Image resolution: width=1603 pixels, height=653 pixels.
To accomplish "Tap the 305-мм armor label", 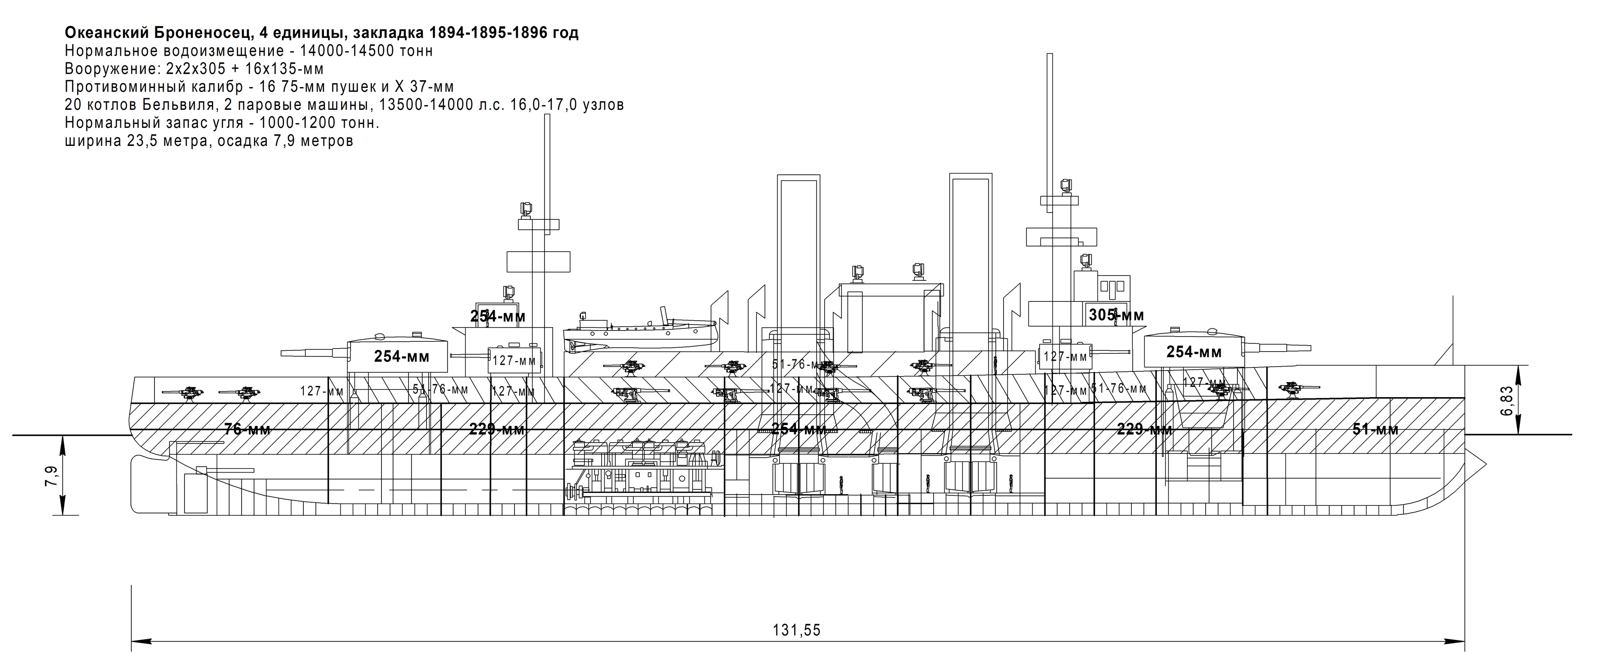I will [x=1116, y=316].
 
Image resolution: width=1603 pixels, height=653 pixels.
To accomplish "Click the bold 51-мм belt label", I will [x=1375, y=429].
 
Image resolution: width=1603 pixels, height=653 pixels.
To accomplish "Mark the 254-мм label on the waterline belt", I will [x=798, y=429].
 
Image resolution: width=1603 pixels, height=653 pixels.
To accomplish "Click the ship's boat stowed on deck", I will [x=641, y=334].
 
